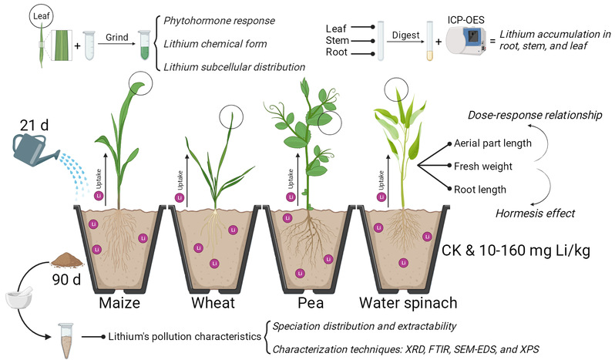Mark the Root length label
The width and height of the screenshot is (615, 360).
point(482,187)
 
